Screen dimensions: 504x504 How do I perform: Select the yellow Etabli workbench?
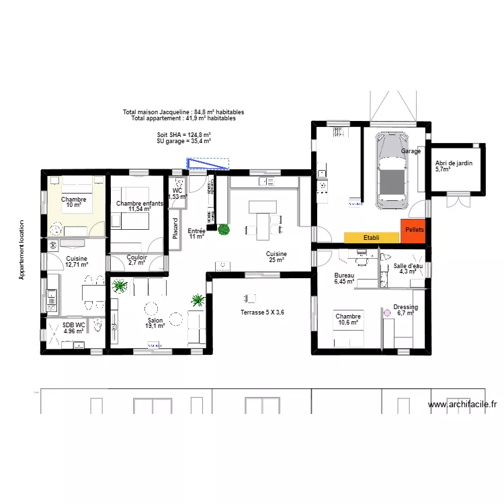[x=371, y=238]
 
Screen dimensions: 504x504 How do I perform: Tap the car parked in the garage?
[x=391, y=171]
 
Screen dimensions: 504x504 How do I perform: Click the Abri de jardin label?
[x=454, y=166]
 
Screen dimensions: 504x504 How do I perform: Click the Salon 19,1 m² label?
[x=155, y=322]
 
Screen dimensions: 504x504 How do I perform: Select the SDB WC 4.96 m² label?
[x=74, y=328]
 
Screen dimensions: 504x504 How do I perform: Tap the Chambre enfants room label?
[x=138, y=206]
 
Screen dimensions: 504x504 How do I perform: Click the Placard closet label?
[x=175, y=229]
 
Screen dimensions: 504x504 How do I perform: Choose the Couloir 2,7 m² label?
[x=136, y=259]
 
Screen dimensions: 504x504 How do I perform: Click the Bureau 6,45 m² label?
[x=344, y=279]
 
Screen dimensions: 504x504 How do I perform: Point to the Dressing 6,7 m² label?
[x=407, y=310]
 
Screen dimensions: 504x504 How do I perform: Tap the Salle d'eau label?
[x=408, y=269]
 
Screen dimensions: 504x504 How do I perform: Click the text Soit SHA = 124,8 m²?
[x=184, y=135]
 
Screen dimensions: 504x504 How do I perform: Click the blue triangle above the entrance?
[x=208, y=163]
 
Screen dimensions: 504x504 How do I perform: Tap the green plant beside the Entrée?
[x=223, y=229]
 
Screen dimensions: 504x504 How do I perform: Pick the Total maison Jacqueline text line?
[x=183, y=112]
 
